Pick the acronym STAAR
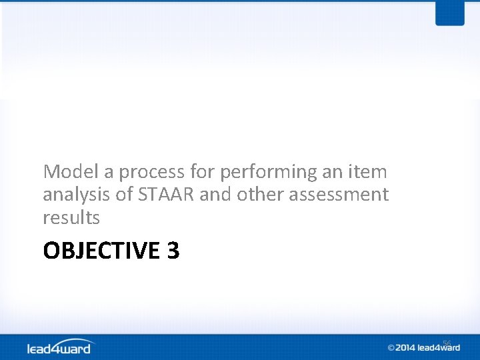pos(160,195)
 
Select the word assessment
pos(339,195)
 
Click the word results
pos(71,217)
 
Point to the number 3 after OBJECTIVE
pos(173,251)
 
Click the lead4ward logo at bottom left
pos(61,347)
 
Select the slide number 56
pos(447,343)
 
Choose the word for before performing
pos(202,172)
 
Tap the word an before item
pos(332,172)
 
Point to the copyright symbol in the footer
pos(391,347)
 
